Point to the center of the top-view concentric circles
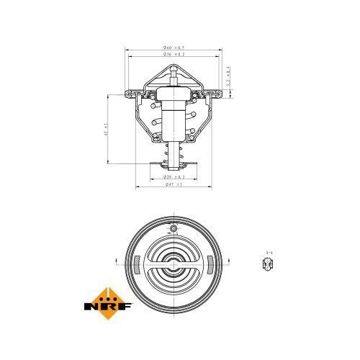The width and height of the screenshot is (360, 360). coord(173,261)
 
